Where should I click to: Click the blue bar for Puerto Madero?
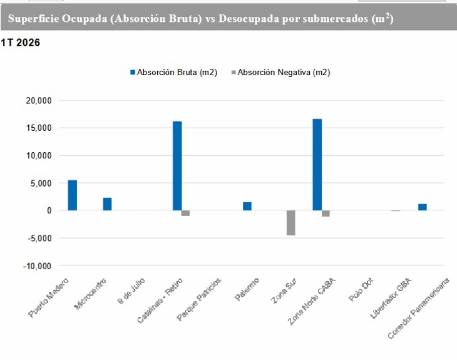(x=73, y=195)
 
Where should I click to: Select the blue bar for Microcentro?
(x=108, y=204)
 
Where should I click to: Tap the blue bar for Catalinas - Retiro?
(x=177, y=166)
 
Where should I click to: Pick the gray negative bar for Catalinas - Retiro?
(x=185, y=213)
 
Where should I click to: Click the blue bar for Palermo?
(x=247, y=206)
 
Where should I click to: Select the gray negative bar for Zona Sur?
(x=290, y=223)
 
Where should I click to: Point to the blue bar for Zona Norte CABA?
(x=317, y=165)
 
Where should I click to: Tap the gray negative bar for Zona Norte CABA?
(x=326, y=213)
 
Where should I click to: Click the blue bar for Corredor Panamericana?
(x=422, y=207)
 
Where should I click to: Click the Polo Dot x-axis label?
(x=362, y=290)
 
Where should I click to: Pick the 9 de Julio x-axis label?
(x=133, y=289)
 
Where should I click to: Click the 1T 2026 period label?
(x=21, y=43)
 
